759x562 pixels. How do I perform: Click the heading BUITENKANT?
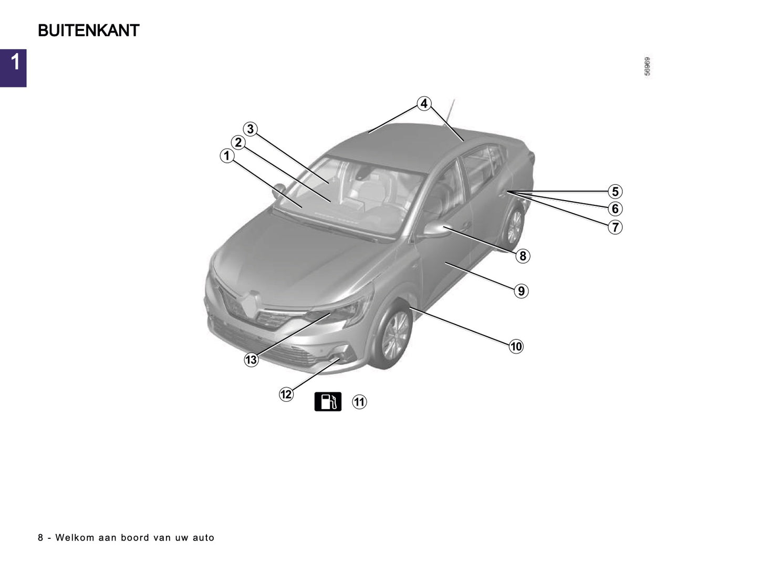coord(88,31)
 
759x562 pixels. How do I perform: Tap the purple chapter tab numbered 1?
coord(13,68)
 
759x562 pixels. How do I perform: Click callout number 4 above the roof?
coord(424,103)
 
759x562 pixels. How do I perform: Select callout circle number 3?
coord(251,129)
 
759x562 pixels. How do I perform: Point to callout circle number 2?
coord(238,142)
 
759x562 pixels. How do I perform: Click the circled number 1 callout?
coord(227,156)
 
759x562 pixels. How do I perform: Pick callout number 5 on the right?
coord(615,192)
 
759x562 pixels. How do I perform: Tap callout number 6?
coord(615,209)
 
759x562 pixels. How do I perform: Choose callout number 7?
coord(615,227)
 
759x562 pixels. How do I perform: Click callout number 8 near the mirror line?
coord(522,256)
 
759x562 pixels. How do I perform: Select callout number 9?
coord(521,291)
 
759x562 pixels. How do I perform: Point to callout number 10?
coord(516,347)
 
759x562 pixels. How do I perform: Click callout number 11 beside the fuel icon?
coord(359,402)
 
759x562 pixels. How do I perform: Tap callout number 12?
coord(286,394)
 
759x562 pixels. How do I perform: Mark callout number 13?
coord(251,360)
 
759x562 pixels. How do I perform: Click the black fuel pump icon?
coord(328,402)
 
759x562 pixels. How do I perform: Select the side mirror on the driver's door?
coord(436,230)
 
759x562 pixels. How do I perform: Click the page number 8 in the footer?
coord(40,538)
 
